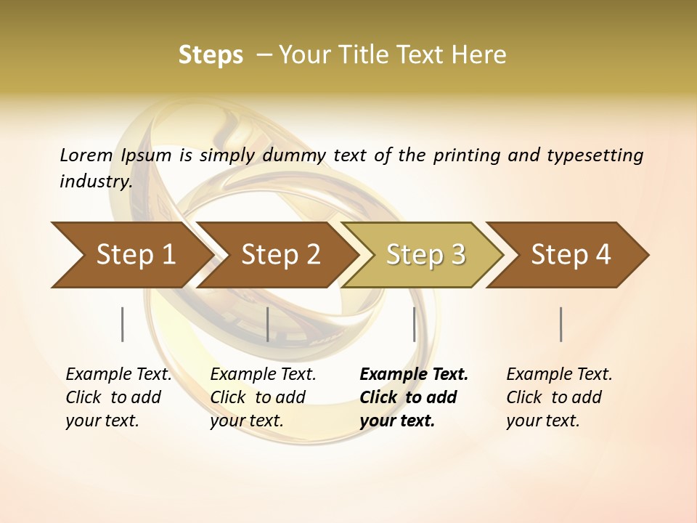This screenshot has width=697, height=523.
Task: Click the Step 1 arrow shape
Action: pos(131,255)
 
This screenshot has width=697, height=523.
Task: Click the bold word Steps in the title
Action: pos(211,54)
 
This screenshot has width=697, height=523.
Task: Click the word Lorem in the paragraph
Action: pos(86,155)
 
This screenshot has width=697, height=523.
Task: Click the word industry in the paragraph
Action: pos(94,181)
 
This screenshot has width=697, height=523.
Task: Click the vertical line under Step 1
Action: pos(123,324)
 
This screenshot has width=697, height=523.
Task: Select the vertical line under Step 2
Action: pos(268,324)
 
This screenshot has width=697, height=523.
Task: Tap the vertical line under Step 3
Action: pos(414,324)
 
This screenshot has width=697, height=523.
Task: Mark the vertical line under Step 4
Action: pos(561,324)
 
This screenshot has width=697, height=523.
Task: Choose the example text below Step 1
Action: pos(118,397)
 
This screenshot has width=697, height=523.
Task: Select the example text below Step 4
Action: pos(559,397)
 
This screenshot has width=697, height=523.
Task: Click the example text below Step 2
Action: pos(263,397)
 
